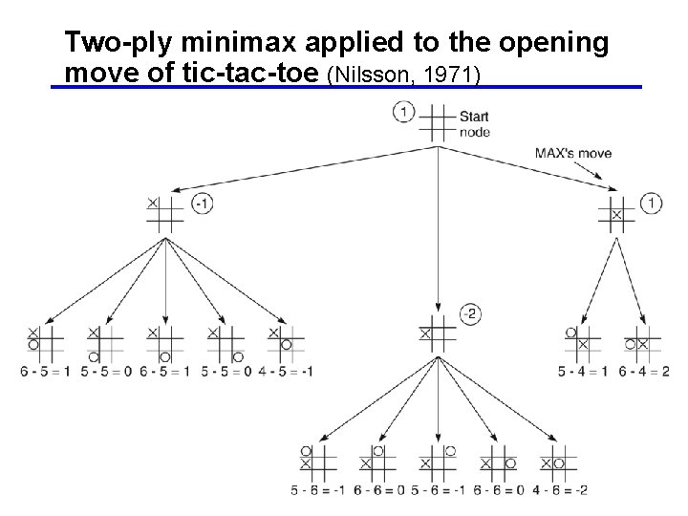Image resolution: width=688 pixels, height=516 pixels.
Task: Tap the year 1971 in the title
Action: (454, 75)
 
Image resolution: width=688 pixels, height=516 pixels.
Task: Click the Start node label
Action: (474, 124)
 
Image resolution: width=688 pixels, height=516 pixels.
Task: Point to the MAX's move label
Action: (573, 153)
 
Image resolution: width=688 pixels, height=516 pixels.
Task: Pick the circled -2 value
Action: (468, 313)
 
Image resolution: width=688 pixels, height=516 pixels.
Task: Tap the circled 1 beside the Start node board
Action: (403, 114)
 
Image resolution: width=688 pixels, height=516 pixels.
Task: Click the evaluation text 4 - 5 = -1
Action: (285, 370)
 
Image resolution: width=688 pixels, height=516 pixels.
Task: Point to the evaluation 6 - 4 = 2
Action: (643, 370)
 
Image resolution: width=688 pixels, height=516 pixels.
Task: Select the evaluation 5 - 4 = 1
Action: (584, 370)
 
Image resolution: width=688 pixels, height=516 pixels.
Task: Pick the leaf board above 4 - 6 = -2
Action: (558, 462)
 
